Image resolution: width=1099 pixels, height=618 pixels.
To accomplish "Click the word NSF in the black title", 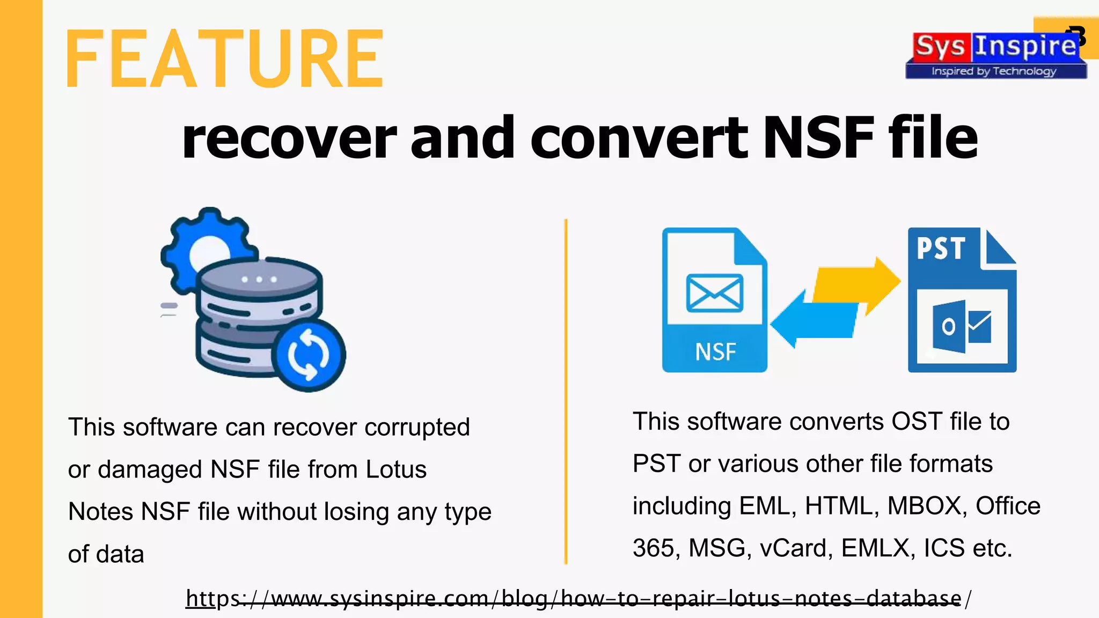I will coord(818,138).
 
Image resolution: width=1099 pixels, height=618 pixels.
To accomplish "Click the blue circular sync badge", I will coord(309,355).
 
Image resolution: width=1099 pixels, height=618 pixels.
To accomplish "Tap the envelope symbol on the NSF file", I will coord(715,293).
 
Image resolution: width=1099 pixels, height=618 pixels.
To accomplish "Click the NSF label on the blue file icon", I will coord(715,352).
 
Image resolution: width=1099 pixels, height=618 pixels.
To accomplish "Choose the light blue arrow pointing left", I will coord(810,321).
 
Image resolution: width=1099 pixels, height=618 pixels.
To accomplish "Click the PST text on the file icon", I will coord(941,248).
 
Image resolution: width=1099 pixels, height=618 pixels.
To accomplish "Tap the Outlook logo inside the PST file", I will coord(962,326).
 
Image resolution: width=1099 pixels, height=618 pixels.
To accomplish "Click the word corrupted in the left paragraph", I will coord(417,428).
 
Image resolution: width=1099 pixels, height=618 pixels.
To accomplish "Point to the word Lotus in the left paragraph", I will coord(396,469).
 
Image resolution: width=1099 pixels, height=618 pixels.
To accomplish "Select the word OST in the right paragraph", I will coord(917,422).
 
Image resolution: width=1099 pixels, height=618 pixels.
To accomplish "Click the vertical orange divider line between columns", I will coord(566,392).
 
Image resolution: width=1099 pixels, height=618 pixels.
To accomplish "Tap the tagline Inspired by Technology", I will coord(994,71).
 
